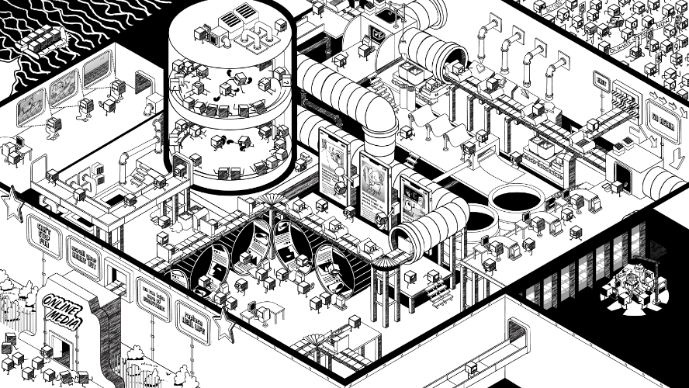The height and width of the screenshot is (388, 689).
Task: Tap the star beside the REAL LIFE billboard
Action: click(225, 326)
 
